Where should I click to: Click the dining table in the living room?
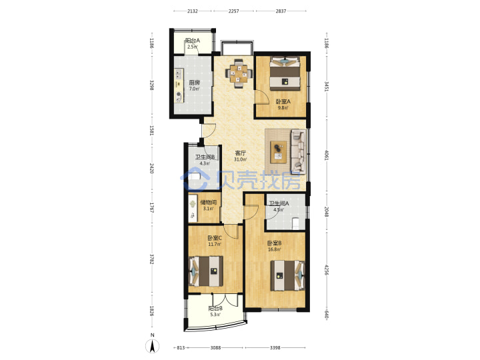coord(239,73)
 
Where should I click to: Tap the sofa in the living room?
coord(298,151)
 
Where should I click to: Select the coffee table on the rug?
coord(279,152)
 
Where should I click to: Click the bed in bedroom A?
coord(285,74)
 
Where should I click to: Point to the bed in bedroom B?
coord(287,275)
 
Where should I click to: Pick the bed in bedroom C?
coord(206,271)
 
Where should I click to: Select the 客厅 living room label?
coord(240,153)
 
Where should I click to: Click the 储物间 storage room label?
coord(208,203)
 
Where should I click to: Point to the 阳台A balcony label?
coord(193,41)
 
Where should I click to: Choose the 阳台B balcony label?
coord(215,308)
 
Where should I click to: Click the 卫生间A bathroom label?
coord(279,203)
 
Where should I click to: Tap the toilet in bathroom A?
coord(296,223)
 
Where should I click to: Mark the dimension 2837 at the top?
coord(281,11)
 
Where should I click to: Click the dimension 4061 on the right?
coord(326,155)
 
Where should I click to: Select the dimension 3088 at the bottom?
coord(215,347)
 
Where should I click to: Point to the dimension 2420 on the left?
coord(151,168)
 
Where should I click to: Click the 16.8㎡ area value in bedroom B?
coord(274,249)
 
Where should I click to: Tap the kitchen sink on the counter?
coord(179,73)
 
